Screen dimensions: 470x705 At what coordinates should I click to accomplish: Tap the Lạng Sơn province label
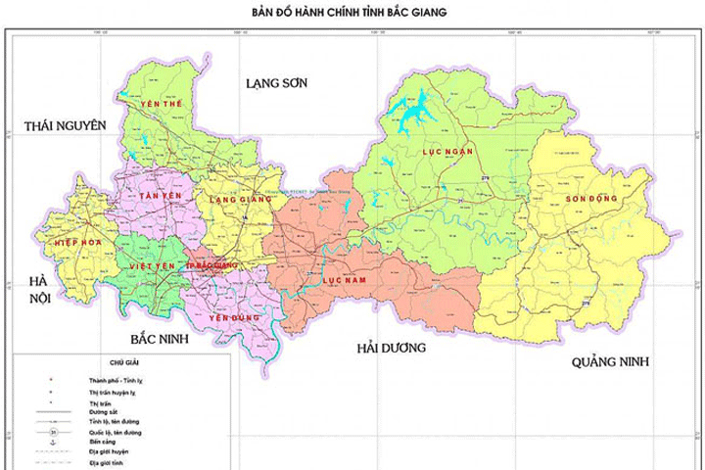point(276,83)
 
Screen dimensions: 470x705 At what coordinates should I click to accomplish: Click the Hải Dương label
point(392,348)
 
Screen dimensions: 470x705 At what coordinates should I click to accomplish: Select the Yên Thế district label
point(162,103)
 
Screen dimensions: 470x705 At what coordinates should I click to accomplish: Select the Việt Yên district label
point(151,265)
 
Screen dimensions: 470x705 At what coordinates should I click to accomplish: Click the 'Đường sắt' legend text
point(104,412)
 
